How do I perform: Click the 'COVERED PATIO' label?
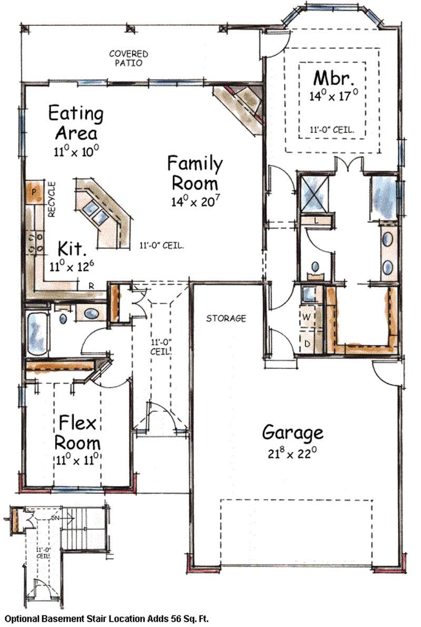tap(128, 58)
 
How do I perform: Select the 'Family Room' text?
tap(195, 173)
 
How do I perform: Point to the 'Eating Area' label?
tap(75, 122)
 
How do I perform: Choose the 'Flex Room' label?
tap(79, 431)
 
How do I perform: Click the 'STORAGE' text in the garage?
tap(226, 318)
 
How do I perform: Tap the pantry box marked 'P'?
tap(34, 192)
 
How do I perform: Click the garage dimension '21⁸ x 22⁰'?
tap(293, 453)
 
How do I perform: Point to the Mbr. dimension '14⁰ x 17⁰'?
tap(334, 96)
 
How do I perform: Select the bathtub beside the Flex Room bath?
tap(37, 333)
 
